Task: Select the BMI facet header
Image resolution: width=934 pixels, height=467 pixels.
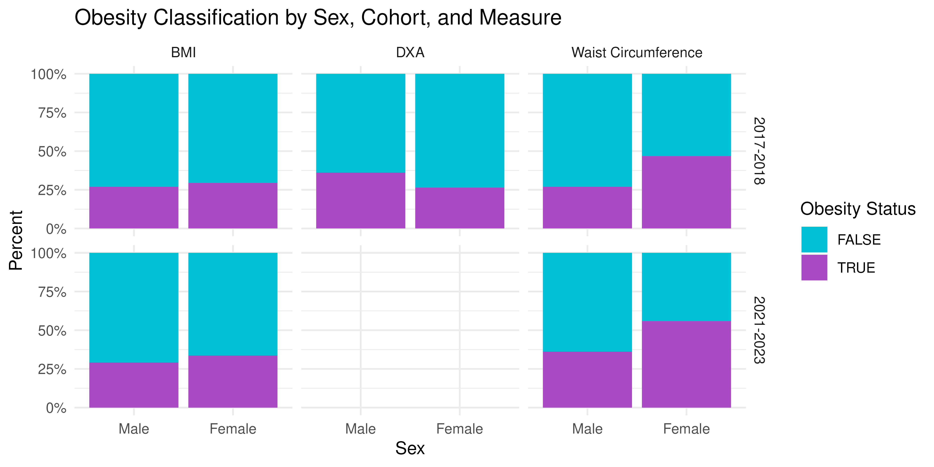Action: coord(183,53)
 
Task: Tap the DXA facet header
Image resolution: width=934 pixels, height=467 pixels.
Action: coord(410,53)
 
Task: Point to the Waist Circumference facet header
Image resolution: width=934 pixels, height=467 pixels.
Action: coord(637,53)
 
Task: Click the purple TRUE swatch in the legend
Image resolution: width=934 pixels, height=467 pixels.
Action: coord(814,268)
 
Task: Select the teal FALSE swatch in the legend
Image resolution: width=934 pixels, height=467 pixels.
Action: coord(814,239)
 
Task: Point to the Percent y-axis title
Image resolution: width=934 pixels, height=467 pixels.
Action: coord(16,240)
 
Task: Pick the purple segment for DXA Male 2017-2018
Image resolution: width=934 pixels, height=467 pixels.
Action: coord(361,200)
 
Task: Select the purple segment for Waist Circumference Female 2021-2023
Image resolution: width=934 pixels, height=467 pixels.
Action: coord(686,364)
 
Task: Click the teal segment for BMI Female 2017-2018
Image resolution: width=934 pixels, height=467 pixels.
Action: coord(233,128)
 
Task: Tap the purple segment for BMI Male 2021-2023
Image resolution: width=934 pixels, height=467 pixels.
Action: coord(134,385)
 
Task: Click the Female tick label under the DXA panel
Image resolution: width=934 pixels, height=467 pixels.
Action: coord(460,429)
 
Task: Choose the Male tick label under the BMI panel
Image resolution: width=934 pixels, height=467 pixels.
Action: coord(134,429)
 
